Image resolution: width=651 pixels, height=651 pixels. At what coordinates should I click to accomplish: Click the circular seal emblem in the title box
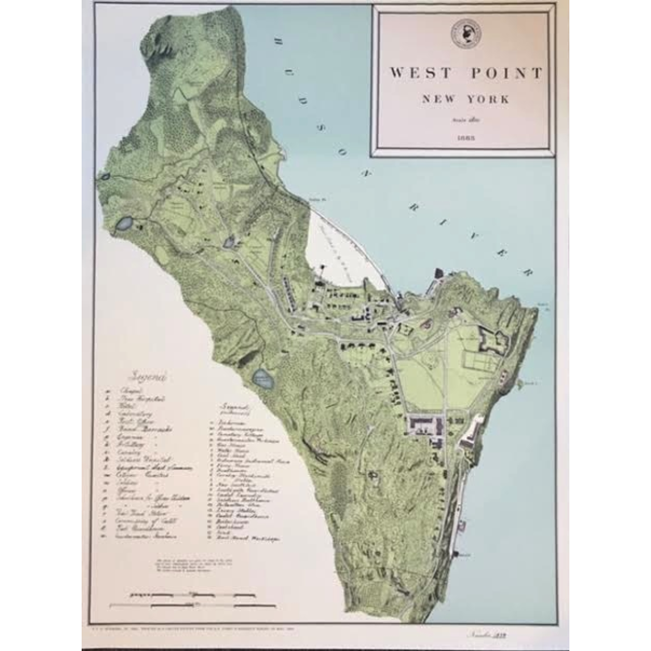pyautogui.click(x=465, y=34)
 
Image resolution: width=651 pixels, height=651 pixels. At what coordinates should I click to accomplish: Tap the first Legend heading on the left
pyautogui.click(x=142, y=377)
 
